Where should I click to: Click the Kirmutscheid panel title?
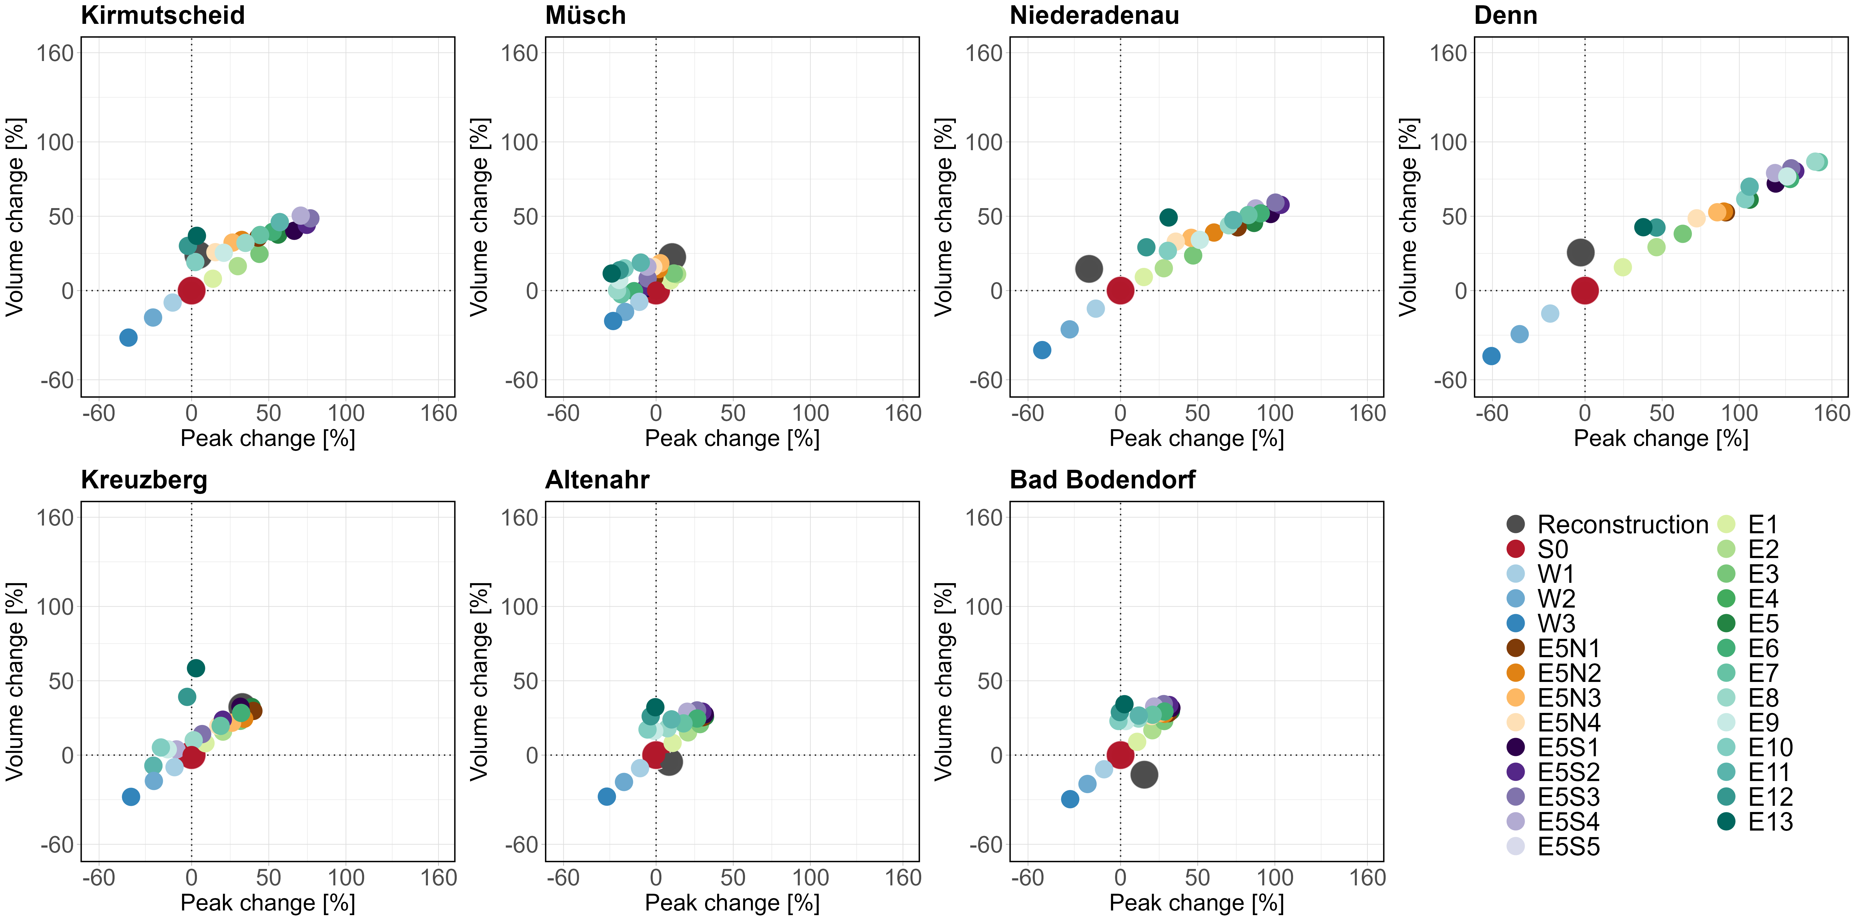click(163, 15)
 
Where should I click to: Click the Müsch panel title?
click(585, 15)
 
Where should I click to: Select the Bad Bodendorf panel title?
click(1102, 479)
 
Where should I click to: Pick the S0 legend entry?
click(1553, 549)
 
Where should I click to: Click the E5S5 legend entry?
click(1569, 846)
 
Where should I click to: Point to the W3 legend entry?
click(1556, 623)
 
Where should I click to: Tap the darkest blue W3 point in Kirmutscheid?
click(128, 337)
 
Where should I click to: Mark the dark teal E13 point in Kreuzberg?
click(196, 668)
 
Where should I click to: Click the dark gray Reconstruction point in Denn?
click(1580, 252)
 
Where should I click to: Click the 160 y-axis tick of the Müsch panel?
click(520, 53)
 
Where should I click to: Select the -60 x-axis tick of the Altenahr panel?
click(563, 878)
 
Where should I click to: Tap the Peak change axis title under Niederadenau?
click(1196, 438)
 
